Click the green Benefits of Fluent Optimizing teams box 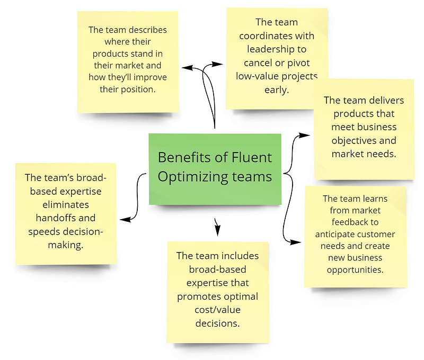[x=215, y=169]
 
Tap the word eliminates [x=66, y=204]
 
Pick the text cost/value [x=218, y=310]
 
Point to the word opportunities [x=355, y=270]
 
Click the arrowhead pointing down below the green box [x=217, y=230]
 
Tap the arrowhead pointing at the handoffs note [x=125, y=220]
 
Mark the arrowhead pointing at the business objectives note [x=304, y=135]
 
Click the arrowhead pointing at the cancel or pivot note [x=217, y=64]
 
